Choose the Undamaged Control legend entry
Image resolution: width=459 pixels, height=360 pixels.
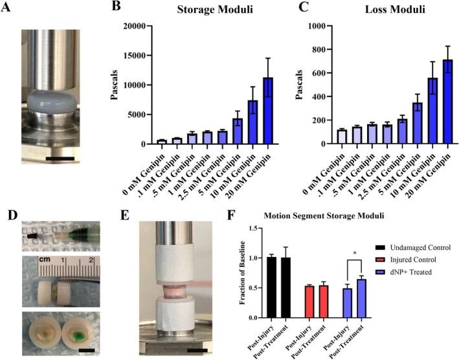(414, 248)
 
